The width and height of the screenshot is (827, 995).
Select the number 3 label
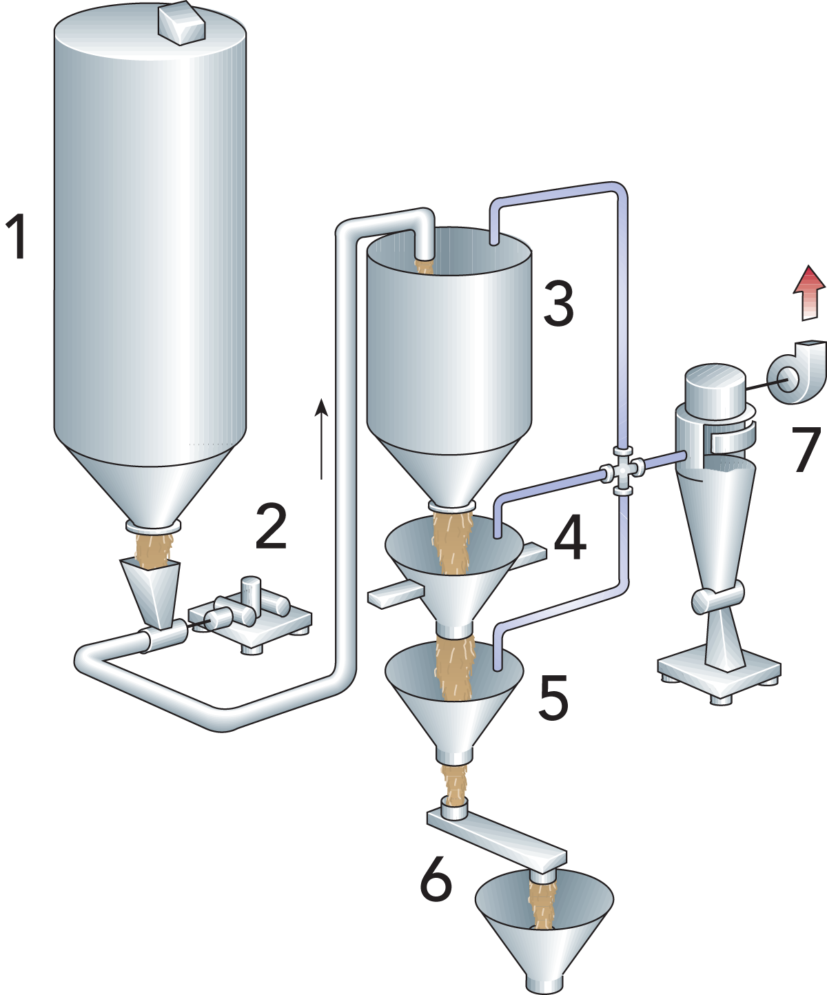point(558,305)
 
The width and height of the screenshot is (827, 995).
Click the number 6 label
point(436,879)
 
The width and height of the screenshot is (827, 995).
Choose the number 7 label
point(807,449)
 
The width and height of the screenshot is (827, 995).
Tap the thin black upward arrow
point(323,438)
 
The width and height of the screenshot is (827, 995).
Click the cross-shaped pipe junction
point(623,471)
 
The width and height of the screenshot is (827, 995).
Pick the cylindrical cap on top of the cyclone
point(715,386)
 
